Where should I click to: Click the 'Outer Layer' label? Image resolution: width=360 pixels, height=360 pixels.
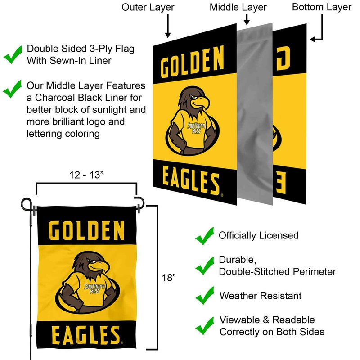148,7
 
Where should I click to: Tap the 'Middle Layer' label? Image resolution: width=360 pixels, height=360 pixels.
238,7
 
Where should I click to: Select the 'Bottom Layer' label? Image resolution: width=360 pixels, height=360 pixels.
322,7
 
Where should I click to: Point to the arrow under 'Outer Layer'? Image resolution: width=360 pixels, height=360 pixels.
168,26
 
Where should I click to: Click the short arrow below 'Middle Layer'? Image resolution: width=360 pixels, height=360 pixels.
247,19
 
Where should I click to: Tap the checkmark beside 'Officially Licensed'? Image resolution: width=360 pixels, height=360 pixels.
205,236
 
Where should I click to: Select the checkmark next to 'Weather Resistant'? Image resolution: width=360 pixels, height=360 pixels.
205,296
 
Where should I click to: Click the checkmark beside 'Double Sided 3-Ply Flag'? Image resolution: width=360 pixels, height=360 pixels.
13,54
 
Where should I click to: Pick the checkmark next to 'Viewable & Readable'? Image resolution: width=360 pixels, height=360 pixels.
205,326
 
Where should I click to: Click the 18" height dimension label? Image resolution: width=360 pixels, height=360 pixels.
169,278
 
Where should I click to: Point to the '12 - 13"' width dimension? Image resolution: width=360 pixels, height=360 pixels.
86,175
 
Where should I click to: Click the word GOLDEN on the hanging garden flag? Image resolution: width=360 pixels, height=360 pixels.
87,230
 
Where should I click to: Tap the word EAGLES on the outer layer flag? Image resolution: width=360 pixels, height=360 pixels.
191,181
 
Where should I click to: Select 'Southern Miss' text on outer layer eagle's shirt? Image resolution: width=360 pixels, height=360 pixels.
196,128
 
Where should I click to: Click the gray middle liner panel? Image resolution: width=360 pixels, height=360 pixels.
255,114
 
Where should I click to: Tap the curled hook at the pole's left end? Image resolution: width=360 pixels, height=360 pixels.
27,204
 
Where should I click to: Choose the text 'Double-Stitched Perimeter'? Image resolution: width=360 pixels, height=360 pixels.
277,272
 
